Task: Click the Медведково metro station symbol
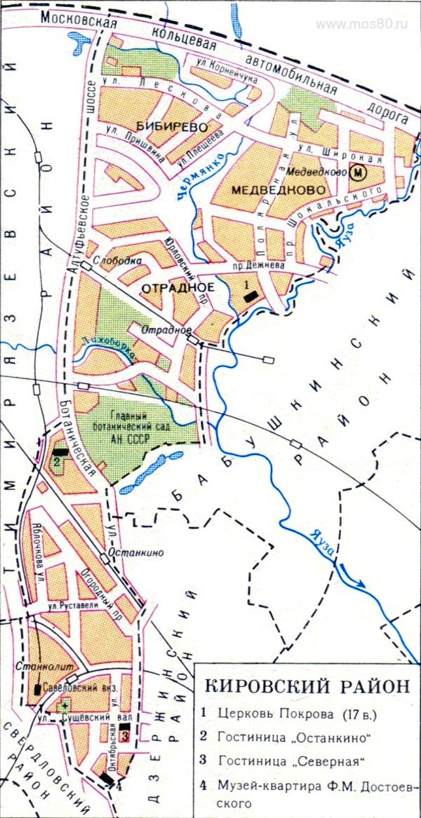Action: coord(359,172)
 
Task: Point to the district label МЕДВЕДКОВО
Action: coord(268,190)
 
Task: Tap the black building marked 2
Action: coord(62,452)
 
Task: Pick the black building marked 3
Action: coord(124,736)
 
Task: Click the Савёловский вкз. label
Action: coord(78,687)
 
